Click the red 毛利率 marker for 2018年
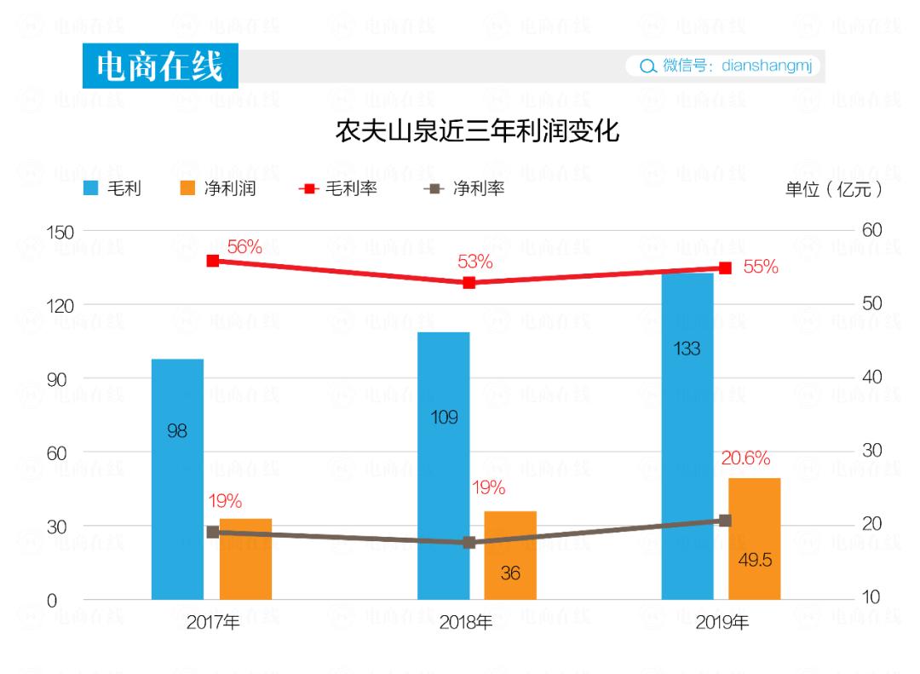[x=469, y=282]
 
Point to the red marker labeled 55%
[x=725, y=268]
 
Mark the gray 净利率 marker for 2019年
[x=725, y=520]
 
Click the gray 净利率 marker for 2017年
[x=213, y=532]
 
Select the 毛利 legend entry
[x=112, y=188]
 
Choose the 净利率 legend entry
[x=464, y=188]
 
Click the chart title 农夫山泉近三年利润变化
[x=477, y=132]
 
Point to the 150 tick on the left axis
[x=59, y=232]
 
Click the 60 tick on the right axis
[x=871, y=230]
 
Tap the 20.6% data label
[x=745, y=458]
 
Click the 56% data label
[x=244, y=247]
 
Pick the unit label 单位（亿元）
[x=833, y=189]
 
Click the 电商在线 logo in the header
[x=160, y=66]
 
